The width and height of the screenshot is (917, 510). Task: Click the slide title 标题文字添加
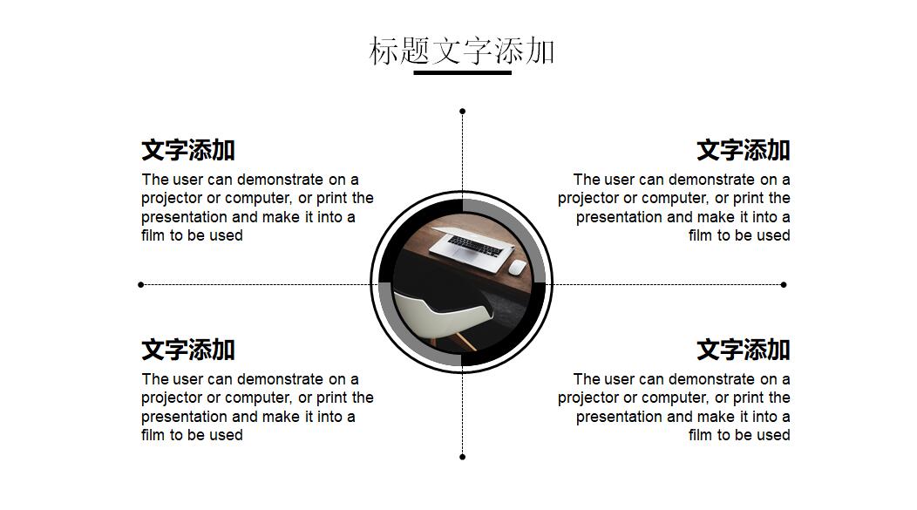pyautogui.click(x=462, y=51)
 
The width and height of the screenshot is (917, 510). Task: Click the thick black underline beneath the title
pyautogui.click(x=462, y=73)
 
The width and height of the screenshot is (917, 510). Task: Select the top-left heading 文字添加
pyautogui.click(x=188, y=150)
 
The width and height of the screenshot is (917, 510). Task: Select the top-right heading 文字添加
pyautogui.click(x=743, y=150)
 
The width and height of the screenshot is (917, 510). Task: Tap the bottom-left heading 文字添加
pyautogui.click(x=188, y=350)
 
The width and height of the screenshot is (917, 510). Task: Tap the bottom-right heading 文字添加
pyautogui.click(x=743, y=350)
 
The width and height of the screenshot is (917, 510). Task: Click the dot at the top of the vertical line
pyautogui.click(x=462, y=112)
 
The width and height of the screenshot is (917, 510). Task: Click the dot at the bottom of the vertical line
pyautogui.click(x=462, y=457)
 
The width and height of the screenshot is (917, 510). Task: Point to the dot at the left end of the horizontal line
pyautogui.click(x=141, y=284)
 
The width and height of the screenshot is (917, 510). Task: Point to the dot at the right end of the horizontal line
pyautogui.click(x=784, y=284)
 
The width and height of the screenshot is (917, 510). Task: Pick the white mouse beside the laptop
pyautogui.click(x=517, y=267)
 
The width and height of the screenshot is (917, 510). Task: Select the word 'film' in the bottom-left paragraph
pyautogui.click(x=153, y=435)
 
